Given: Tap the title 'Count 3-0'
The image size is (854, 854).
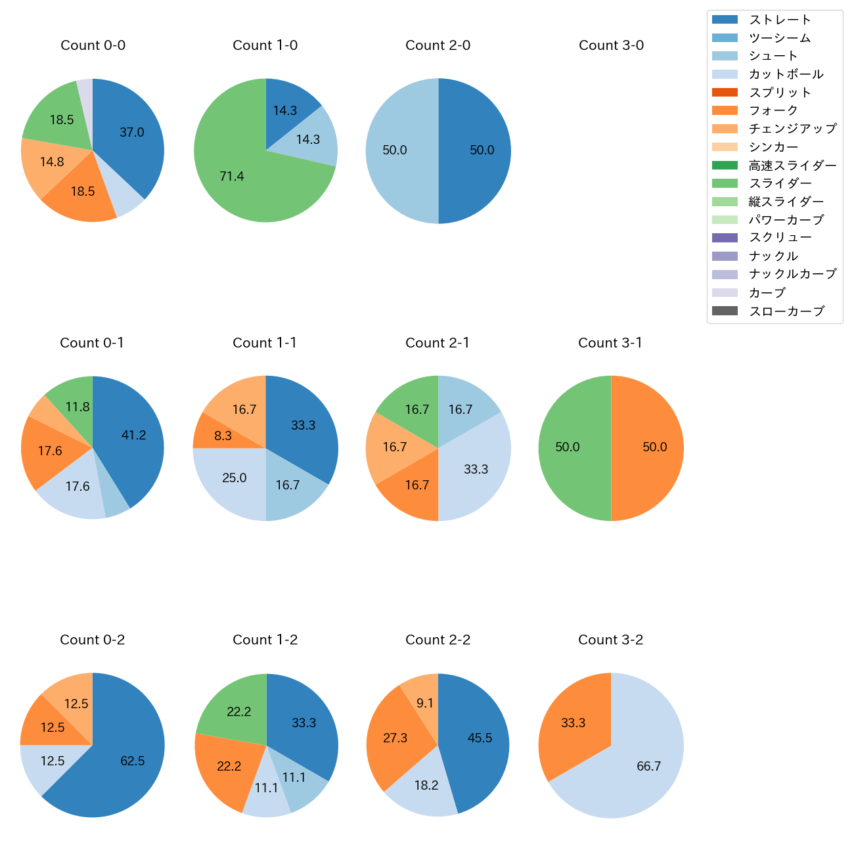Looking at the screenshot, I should pos(611,45).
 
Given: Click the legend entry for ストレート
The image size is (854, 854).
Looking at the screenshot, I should pos(780,20).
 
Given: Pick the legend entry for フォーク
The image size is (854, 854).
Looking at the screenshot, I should pos(773,110).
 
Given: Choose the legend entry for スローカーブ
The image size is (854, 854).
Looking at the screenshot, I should pos(786,311).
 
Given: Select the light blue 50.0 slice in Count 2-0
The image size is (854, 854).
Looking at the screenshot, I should pos(397,150).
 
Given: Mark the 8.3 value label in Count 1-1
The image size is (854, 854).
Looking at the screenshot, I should pos(223,436).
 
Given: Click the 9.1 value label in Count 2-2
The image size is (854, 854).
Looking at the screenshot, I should pos(425,704).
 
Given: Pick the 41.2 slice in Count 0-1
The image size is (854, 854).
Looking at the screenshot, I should pos(131,437).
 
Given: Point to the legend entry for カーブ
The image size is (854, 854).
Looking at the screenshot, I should pos(767,293).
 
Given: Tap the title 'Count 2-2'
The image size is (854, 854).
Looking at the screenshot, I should pos(438,640).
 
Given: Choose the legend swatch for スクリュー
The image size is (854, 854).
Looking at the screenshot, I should pos(725,238).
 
